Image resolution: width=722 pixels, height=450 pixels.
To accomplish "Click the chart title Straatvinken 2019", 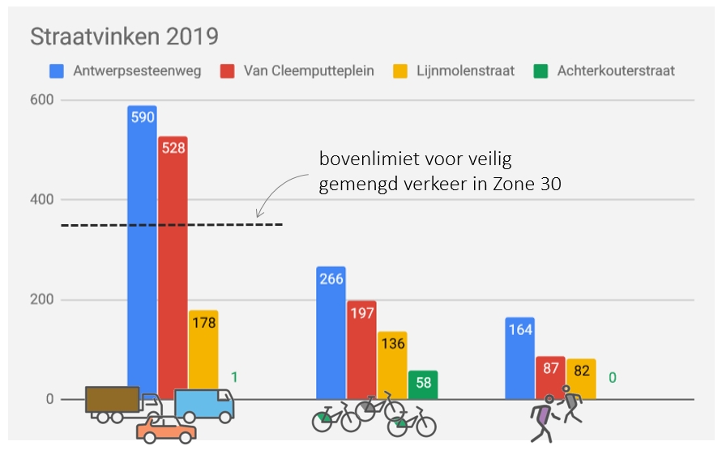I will point(124,36).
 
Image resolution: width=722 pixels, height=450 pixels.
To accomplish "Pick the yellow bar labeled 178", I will point(203,348).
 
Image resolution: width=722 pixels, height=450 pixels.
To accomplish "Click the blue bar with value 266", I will point(331,332).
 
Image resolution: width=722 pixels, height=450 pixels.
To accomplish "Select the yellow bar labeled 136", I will point(392,364).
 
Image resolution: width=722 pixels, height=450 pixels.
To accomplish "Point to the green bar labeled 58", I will point(422,384).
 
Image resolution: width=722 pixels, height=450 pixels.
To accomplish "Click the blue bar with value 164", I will point(519,356).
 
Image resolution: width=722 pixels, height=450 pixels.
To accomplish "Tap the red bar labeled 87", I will point(550,376).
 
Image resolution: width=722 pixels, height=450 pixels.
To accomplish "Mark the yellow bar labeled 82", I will point(581,378).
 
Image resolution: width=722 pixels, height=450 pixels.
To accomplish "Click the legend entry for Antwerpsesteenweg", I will point(126,70).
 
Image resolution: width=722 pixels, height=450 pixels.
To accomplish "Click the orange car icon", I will point(165,430).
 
